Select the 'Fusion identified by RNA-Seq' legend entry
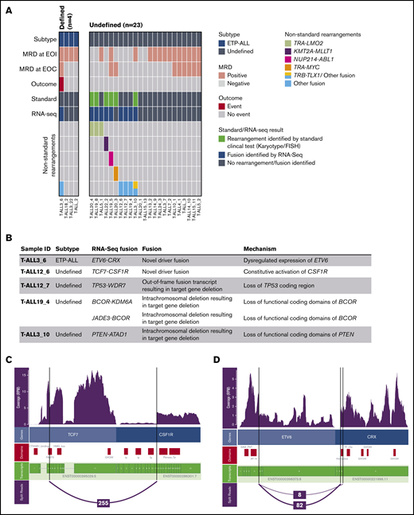[x=268, y=154]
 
